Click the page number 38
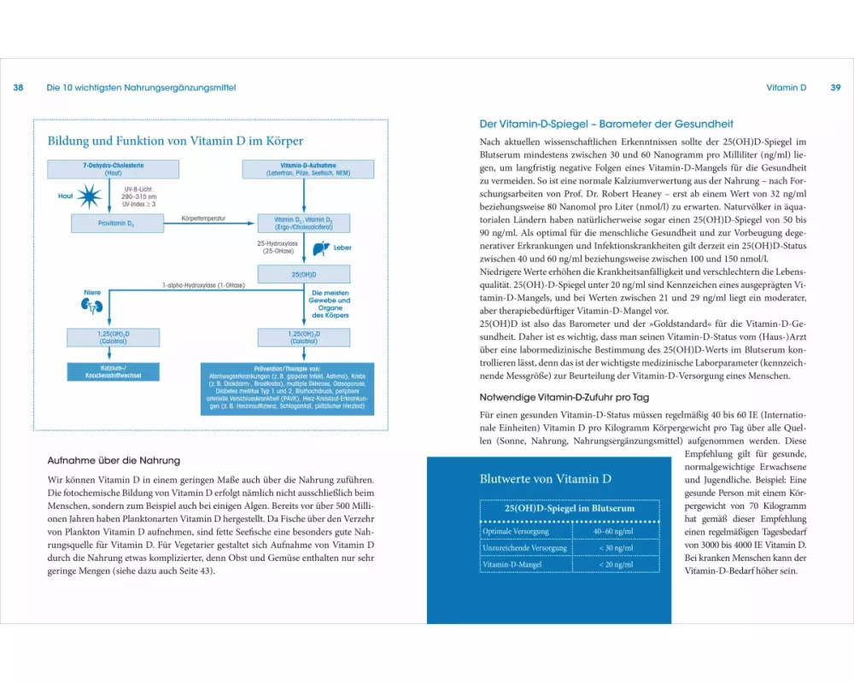(19, 88)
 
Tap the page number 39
(836, 88)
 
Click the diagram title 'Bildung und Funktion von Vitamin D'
(175, 141)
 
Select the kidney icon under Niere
(92, 306)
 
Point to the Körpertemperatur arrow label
(204, 219)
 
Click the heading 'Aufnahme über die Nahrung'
(114, 460)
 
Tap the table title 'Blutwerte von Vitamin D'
(546, 479)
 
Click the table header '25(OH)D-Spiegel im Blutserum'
(559, 509)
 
